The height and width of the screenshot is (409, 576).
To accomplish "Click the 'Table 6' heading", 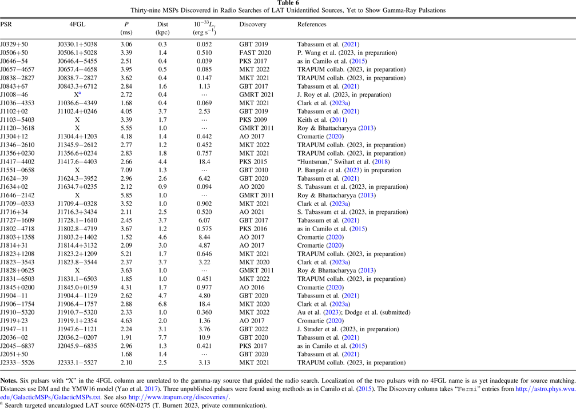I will [288, 3].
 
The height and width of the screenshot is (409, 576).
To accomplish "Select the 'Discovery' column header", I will [253, 25].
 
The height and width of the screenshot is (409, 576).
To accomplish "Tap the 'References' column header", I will [312, 25].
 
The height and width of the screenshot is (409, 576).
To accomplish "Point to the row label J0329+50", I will [13, 45].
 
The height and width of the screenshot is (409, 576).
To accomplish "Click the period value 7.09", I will [126, 170].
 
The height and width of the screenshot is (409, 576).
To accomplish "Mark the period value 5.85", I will [126, 195].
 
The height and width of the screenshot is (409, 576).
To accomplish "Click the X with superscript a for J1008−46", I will [77, 94].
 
